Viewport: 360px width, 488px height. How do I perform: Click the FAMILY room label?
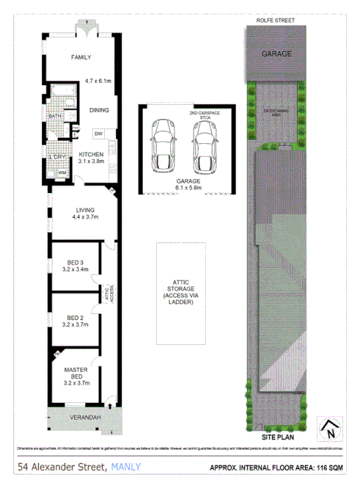(x=80, y=57)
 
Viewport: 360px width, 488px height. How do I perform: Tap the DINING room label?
(x=98, y=110)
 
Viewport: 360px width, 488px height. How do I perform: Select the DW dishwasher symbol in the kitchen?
(x=98, y=133)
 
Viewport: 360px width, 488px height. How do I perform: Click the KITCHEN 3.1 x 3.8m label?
(x=92, y=158)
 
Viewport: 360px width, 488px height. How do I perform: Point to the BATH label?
(x=54, y=116)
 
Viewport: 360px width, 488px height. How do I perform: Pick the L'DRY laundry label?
(x=56, y=157)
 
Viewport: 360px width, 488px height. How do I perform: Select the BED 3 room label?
(x=75, y=265)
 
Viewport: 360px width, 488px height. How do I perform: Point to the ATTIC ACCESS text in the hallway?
(x=108, y=296)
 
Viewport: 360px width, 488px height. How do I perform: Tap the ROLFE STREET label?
(x=276, y=21)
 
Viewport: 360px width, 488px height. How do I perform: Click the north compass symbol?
(x=331, y=428)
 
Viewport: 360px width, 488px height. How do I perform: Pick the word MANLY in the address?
(x=126, y=467)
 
